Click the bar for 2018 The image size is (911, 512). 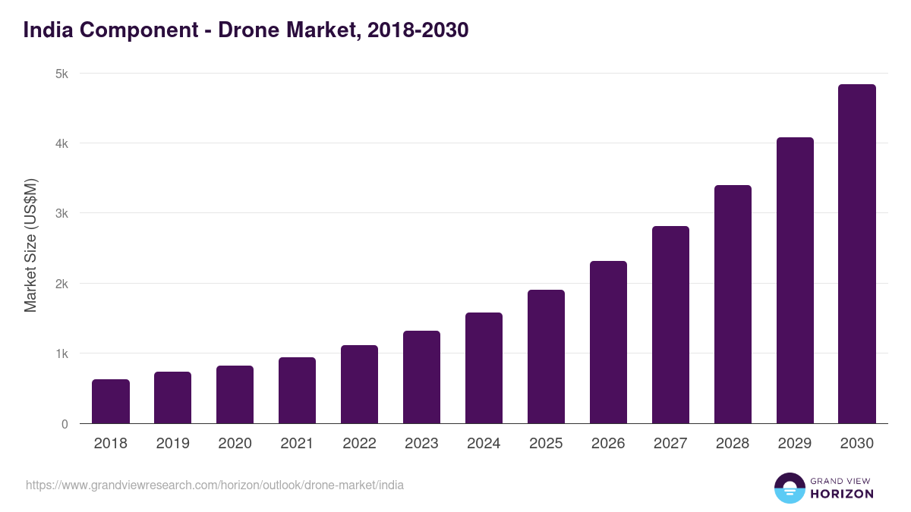point(111,402)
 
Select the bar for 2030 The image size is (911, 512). point(856,254)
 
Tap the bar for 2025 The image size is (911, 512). point(546,357)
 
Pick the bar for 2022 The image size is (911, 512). point(359,385)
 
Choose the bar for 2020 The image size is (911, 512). point(235,395)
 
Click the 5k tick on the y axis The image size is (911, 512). point(61,74)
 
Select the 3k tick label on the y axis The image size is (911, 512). point(61,214)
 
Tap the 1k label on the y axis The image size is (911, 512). point(61,354)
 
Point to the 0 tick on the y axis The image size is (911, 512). point(64,424)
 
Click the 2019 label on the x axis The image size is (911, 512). point(173,444)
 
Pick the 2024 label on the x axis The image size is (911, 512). point(484,444)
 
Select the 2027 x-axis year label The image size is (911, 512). point(670,444)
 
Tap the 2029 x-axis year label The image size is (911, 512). point(795,444)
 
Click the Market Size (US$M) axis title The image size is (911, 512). point(30,245)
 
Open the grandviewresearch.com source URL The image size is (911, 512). point(215,485)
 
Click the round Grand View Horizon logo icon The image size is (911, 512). point(790,488)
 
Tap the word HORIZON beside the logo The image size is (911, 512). point(842,494)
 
